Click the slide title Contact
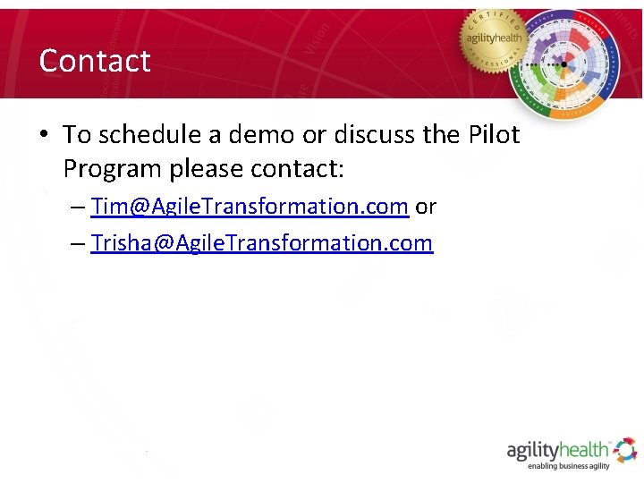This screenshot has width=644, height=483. (x=95, y=61)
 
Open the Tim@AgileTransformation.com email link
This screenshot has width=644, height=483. (x=250, y=207)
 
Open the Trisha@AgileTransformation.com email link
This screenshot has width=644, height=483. (x=261, y=242)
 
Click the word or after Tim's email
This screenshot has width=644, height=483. (x=426, y=207)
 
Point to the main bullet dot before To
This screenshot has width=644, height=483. (x=43, y=135)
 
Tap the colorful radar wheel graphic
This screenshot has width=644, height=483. (x=563, y=64)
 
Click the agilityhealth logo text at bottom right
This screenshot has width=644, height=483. (x=558, y=449)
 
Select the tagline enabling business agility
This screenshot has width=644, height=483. (x=569, y=466)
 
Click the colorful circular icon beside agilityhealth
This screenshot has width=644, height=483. (x=625, y=448)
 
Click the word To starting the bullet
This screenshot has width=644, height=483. (x=78, y=134)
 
